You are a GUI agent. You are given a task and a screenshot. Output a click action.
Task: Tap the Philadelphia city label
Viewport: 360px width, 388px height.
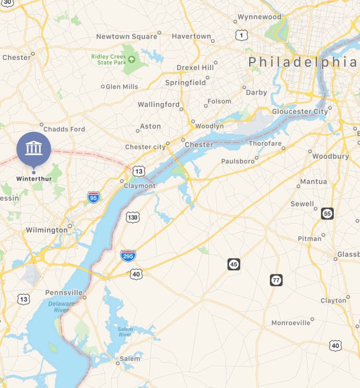(x=302, y=62)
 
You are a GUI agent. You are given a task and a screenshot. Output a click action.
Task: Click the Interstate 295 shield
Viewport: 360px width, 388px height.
(x=128, y=255)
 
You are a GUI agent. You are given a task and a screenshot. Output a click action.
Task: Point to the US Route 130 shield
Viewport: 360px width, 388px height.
(x=133, y=217)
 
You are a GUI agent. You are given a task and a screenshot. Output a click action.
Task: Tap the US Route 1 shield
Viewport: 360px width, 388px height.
(x=242, y=35)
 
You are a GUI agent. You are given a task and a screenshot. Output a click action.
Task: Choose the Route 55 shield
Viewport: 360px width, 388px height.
(x=327, y=214)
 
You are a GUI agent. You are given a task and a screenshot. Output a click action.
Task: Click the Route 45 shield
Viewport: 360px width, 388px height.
(x=234, y=264)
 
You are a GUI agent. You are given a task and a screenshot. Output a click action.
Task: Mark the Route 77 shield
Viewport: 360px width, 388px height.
(x=276, y=280)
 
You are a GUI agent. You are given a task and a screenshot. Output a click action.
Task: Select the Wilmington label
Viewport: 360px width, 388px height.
(x=47, y=230)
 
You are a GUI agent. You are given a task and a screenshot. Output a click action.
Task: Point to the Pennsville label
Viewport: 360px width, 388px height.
(x=64, y=293)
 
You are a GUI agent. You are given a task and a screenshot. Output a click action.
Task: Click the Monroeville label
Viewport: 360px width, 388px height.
(x=290, y=323)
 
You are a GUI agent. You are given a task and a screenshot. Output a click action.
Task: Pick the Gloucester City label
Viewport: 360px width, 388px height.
(x=299, y=111)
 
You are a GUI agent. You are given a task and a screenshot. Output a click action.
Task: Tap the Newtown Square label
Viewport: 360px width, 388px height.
(x=126, y=36)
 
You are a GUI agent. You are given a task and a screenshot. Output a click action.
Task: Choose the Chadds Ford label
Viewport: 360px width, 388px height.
(x=64, y=129)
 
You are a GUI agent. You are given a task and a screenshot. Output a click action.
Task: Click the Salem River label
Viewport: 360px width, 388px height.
(x=125, y=331)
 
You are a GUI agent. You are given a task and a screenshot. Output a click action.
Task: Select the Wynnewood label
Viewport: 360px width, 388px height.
(x=259, y=17)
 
